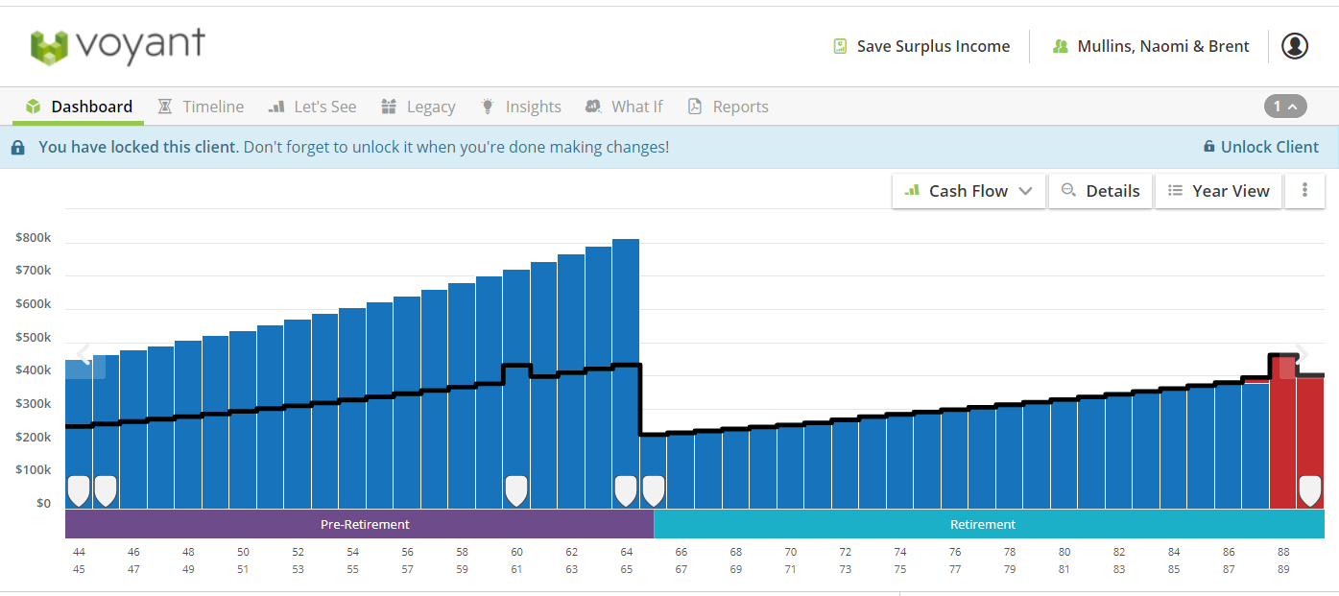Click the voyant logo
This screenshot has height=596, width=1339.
(118, 46)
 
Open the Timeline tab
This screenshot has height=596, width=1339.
(201, 107)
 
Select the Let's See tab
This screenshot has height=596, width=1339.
(312, 107)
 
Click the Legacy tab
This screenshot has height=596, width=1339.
(418, 107)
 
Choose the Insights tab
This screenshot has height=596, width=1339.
(520, 107)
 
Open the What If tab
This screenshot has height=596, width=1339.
(624, 107)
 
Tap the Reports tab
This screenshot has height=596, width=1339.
(729, 107)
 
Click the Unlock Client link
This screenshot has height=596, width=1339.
(1260, 147)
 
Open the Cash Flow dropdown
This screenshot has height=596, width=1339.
(968, 191)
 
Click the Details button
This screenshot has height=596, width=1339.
(1101, 191)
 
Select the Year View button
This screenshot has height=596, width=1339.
(1218, 191)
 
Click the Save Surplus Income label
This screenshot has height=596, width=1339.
(933, 47)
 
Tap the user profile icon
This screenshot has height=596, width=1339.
(1295, 46)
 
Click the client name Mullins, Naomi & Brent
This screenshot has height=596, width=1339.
(1162, 47)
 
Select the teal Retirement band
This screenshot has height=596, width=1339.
(990, 524)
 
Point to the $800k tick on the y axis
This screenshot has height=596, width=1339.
(34, 238)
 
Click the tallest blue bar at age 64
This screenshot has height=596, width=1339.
(626, 373)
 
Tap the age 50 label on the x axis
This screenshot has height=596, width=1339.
(243, 552)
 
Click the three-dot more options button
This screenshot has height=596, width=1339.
(1305, 191)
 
